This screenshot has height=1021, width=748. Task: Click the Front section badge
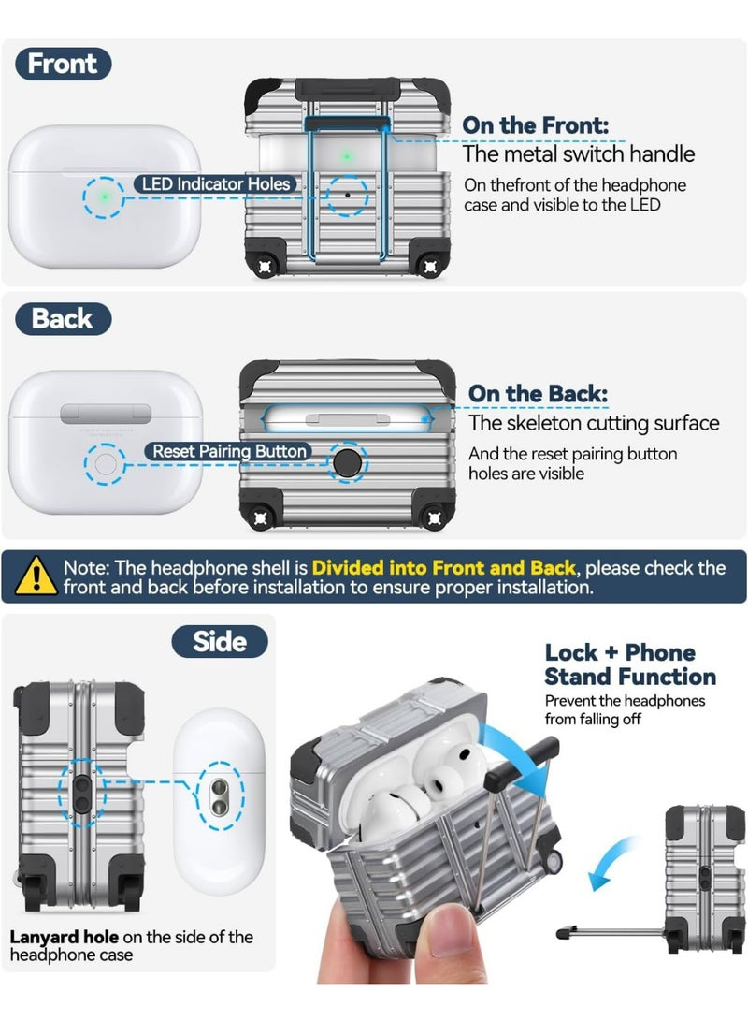tap(63, 64)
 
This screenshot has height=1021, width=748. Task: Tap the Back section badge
tap(63, 319)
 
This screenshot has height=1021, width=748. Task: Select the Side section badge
tap(220, 642)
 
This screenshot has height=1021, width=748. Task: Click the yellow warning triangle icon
tap(36, 576)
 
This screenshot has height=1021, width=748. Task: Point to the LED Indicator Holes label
tap(216, 184)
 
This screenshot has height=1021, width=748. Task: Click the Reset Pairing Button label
tap(229, 451)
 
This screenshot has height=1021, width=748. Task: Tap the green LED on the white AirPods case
tap(104, 196)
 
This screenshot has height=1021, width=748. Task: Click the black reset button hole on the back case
tap(347, 462)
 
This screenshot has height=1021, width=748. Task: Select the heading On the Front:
tap(536, 125)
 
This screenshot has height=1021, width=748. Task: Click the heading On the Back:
tap(538, 393)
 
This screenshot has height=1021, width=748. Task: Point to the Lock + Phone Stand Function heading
tap(630, 664)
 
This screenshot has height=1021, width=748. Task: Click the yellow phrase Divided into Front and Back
tap(443, 568)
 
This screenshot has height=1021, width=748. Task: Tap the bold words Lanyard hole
tap(64, 937)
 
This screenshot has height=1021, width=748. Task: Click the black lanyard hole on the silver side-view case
tap(82, 794)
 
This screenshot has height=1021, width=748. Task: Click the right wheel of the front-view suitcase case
tap(430, 266)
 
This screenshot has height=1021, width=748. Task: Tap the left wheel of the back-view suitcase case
tap(260, 518)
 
